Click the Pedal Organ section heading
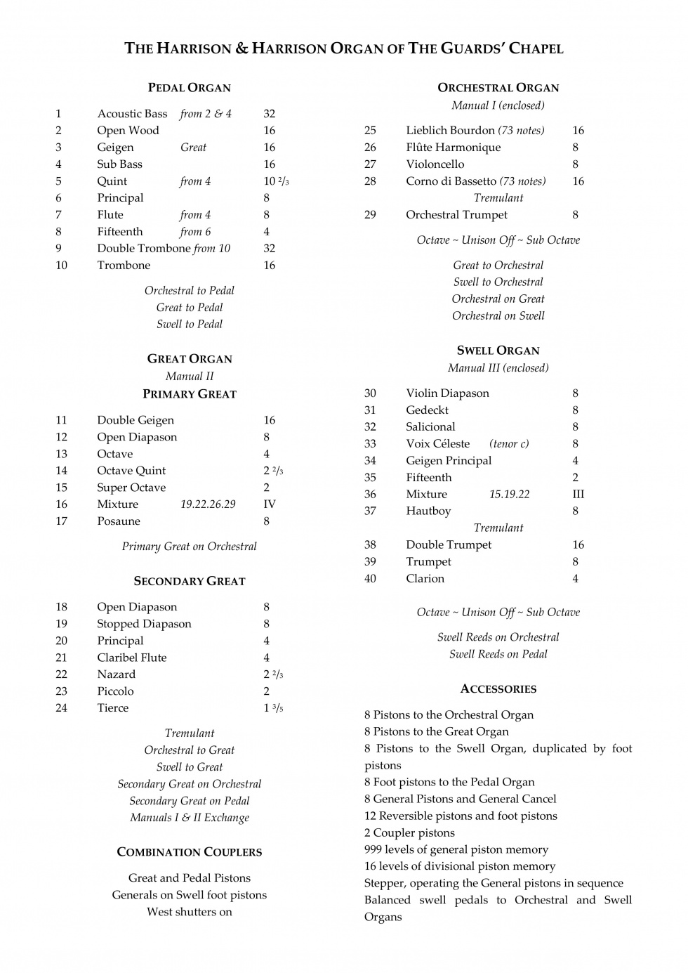(189, 88)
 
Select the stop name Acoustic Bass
(132, 114)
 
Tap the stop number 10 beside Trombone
(61, 266)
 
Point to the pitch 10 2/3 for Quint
(276, 181)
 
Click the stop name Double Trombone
(143, 249)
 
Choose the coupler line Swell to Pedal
(189, 325)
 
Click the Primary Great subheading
(189, 394)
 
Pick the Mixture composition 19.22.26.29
(208, 504)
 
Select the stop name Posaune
(118, 521)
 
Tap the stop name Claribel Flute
(131, 658)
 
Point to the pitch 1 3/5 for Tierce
(273, 708)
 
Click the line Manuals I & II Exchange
(189, 818)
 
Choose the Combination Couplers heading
(189, 852)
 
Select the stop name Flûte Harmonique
(453, 148)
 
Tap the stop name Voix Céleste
(437, 444)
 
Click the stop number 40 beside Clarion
(370, 579)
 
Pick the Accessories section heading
(498, 689)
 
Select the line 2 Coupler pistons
(409, 833)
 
